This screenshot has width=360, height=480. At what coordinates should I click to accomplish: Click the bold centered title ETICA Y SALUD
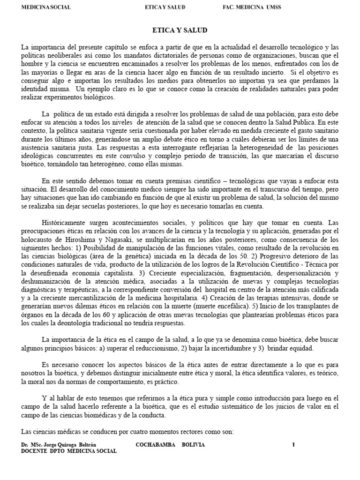tap(180, 30)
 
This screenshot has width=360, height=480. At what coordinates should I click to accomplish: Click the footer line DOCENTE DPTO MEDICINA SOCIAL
tap(69, 451)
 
